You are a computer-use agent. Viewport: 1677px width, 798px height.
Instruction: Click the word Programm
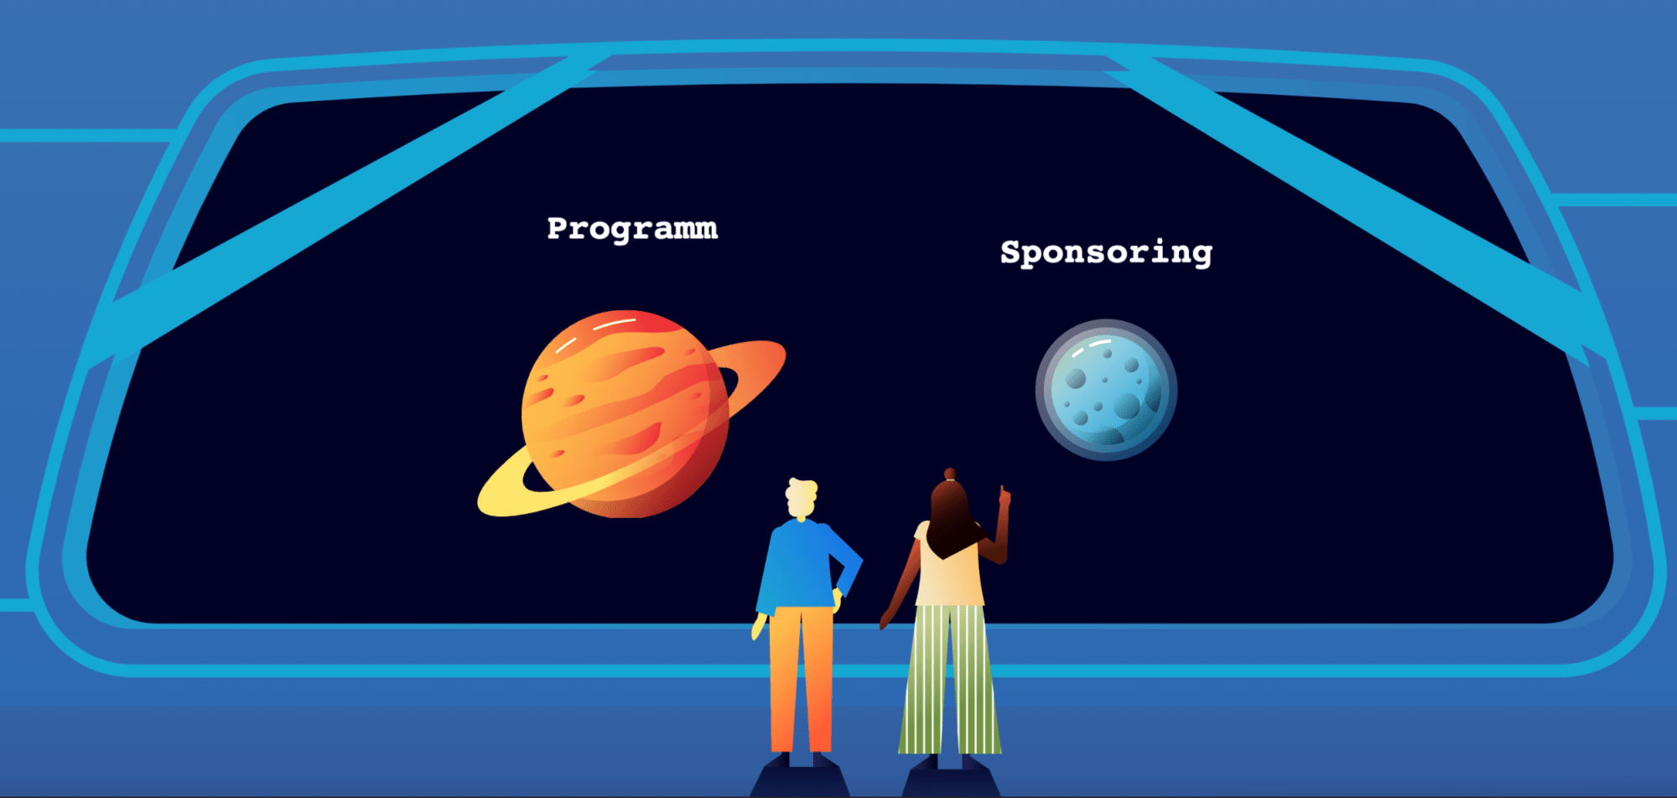point(632,229)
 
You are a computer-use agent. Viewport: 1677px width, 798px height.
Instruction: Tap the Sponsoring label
point(1106,252)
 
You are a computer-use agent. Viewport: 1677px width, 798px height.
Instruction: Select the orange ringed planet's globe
point(625,413)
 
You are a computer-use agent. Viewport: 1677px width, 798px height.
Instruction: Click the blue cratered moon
point(1106,390)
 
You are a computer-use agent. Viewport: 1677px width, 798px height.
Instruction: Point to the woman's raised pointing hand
point(1004,497)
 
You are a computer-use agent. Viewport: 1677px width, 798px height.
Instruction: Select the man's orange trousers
point(801,679)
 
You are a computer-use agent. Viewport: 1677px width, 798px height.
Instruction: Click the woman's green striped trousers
point(950,679)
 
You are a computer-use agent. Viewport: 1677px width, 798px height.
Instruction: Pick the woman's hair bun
point(950,474)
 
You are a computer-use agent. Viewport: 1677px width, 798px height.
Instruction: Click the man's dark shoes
point(800,760)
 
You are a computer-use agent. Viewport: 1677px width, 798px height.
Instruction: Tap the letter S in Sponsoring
point(1011,251)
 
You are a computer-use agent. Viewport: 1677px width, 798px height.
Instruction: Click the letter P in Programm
point(558,227)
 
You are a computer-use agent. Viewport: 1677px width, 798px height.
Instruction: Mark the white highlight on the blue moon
point(1091,347)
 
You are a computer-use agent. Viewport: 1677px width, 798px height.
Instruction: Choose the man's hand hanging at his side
point(760,625)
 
